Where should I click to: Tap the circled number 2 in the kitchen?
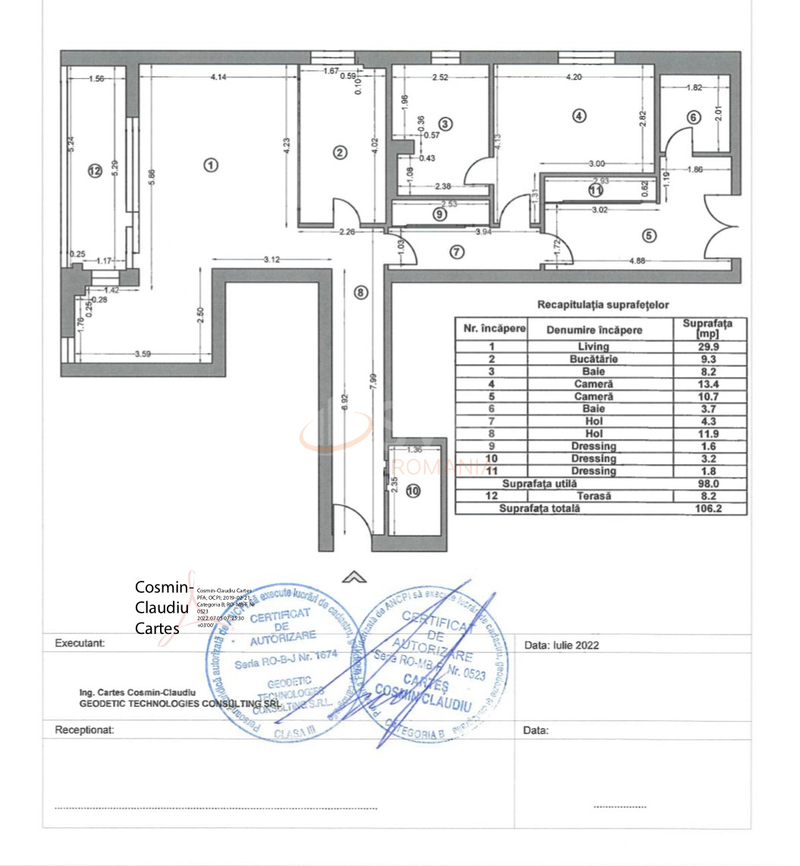point(340,152)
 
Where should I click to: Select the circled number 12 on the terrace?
point(94,171)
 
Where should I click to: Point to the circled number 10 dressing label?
point(413,491)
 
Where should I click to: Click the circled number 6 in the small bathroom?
point(693,117)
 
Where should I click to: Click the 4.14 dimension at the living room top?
point(219,77)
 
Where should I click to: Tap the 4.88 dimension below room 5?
point(643,262)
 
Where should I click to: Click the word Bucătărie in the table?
point(593,359)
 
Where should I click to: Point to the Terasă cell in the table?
point(594,496)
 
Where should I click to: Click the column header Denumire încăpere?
point(594,330)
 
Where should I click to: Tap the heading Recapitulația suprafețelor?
point(603,305)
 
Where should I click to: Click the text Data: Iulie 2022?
point(561,645)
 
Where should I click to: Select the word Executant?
point(80,643)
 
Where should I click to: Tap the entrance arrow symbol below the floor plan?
point(353,578)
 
